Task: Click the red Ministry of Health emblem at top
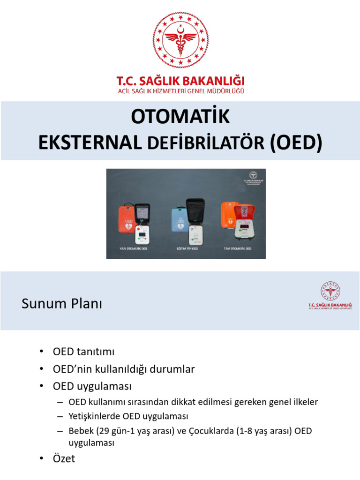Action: [x=180, y=40]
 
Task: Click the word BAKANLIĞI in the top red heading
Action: [x=214, y=80]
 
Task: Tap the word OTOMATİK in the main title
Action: [x=180, y=117]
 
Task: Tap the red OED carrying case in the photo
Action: [x=126, y=219]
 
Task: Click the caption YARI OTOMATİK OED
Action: [x=134, y=248]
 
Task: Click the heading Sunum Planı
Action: [x=61, y=304]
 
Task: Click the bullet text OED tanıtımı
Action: [x=84, y=352]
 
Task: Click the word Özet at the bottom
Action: [x=64, y=458]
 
